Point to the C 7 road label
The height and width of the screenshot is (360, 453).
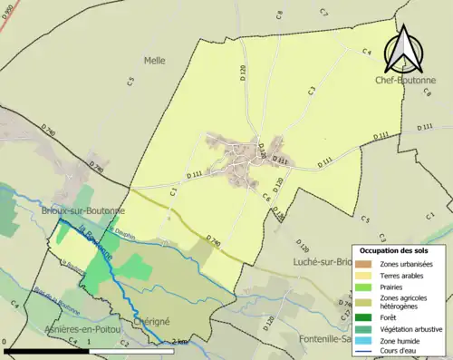click(x=323, y=12)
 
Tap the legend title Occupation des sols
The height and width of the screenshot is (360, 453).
click(x=399, y=249)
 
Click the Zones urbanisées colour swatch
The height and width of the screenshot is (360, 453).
click(x=366, y=264)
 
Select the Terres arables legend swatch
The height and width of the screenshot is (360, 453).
click(x=366, y=276)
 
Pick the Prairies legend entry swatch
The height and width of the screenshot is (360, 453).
click(x=366, y=287)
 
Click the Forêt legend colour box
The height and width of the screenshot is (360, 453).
click(x=366, y=316)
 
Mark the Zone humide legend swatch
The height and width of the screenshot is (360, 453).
click(x=366, y=340)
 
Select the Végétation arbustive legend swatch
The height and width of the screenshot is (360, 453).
click(x=366, y=328)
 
